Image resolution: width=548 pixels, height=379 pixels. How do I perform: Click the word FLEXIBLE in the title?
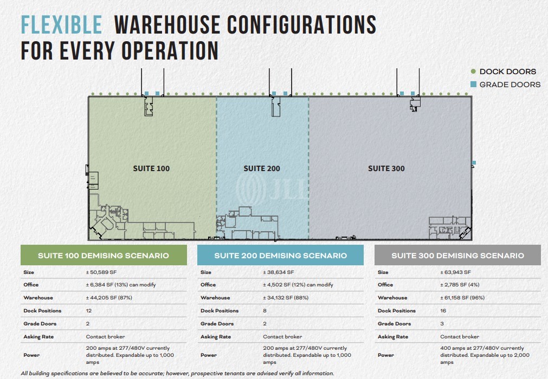pos(61,25)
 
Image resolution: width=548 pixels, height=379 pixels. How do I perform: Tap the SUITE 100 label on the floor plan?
pos(151,168)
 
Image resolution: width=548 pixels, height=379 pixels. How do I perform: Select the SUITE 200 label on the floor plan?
pos(262,168)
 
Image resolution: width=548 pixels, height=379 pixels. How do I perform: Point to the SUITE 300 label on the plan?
pos(386,168)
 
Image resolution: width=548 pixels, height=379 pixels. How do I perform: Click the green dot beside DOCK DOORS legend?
pos(473,71)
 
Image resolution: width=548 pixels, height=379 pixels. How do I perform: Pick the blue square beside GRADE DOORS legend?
pos(473,84)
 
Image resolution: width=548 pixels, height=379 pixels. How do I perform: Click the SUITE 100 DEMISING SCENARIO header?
pos(104,256)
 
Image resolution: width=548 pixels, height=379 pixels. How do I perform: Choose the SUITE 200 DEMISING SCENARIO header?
pos(280,256)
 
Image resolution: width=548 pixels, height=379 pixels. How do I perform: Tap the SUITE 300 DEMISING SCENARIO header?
pos(457,256)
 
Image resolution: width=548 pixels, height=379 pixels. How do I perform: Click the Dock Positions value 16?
pos(444,311)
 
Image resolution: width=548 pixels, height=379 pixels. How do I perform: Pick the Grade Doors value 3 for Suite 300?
pos(442,324)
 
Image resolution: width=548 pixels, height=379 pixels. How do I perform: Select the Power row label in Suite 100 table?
pos(31,355)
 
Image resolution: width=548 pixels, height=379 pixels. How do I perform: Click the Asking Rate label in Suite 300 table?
pos(394,337)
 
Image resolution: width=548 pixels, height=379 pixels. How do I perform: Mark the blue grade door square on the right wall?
pos(474,162)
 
